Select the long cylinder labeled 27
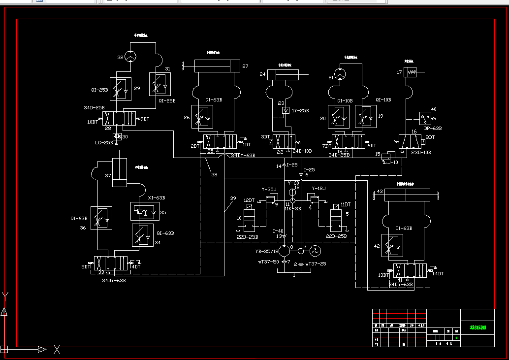point(217,65)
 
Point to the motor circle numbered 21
point(340,74)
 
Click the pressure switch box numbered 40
point(425,118)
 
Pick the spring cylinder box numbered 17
point(410,72)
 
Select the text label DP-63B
point(433,128)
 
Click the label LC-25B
point(104,142)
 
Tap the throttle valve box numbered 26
point(202,117)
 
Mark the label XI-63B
point(157,198)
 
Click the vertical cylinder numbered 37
point(120,173)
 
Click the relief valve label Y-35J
point(269,189)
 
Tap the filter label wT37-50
point(268,262)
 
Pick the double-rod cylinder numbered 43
point(405,195)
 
